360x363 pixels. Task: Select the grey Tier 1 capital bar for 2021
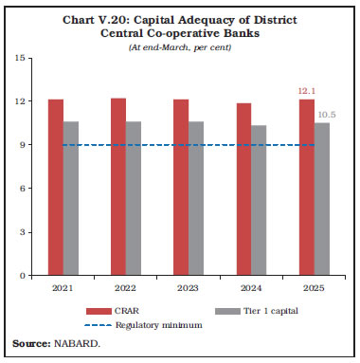71,198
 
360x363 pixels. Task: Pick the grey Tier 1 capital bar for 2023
196,198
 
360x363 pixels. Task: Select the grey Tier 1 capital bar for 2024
259,200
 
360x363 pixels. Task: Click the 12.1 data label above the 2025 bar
307,92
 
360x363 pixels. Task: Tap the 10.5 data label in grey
325,115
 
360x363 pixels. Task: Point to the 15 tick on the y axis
20,58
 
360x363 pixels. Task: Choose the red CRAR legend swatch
99,310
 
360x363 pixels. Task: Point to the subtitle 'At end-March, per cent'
180,48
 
